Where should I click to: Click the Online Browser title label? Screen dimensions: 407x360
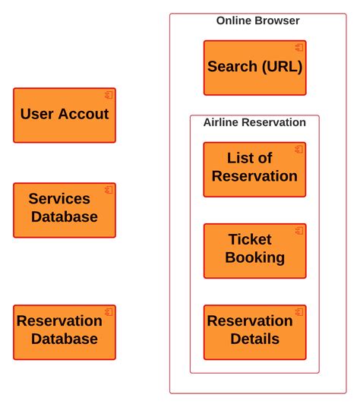pos(257,21)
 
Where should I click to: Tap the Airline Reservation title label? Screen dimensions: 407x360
pos(254,122)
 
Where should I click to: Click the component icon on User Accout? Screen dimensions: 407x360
pos(109,95)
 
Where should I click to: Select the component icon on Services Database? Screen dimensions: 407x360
pos(109,190)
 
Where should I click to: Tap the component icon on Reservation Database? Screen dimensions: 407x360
pos(109,312)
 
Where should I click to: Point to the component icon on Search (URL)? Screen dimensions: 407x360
pos(299,48)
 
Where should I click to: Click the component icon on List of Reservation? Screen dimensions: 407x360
pos(299,150)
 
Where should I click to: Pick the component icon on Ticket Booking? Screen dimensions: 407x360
pos(299,231)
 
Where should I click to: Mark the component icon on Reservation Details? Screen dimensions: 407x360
pos(299,312)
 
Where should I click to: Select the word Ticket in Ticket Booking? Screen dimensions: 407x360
pos(250,240)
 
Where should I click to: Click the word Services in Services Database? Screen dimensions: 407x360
pos(59,199)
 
